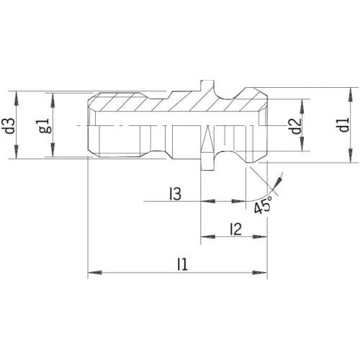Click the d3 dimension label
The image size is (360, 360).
coord(10,126)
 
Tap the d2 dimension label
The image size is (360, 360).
coord(296,126)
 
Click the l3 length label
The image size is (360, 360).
coord(175,194)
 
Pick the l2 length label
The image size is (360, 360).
coord(235,229)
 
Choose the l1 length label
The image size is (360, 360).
coord(182,264)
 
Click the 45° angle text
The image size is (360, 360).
coord(263,204)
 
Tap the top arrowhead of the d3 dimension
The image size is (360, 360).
coord(16,99)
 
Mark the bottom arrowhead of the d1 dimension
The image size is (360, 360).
coord(351,156)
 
